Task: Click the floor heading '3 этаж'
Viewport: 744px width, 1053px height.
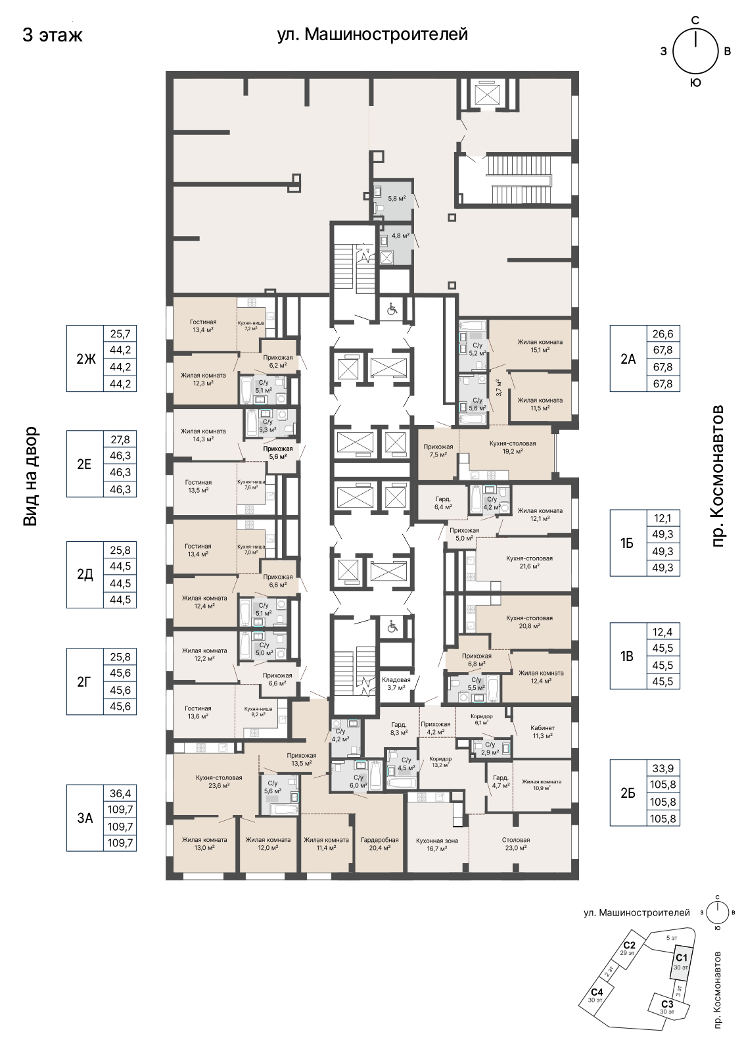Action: [52, 36]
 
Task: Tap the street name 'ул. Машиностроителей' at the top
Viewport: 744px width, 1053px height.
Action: [372, 34]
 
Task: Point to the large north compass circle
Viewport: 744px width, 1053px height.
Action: [695, 51]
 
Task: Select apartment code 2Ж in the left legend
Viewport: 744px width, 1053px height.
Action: [85, 358]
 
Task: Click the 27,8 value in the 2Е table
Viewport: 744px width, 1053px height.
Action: [120, 439]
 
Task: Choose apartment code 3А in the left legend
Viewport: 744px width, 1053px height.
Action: [85, 818]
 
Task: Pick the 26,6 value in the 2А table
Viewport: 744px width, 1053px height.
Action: [663, 333]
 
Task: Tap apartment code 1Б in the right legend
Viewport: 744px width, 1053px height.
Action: [627, 543]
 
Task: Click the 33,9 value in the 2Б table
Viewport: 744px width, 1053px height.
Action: [663, 768]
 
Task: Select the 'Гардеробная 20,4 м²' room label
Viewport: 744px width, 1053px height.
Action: [379, 844]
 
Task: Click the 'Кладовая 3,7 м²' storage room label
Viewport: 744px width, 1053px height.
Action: [396, 683]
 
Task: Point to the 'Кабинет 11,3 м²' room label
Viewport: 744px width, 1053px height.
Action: [542, 731]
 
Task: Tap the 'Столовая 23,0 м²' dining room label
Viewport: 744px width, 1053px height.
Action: [516, 844]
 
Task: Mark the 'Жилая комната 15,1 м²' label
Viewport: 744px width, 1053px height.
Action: [540, 345]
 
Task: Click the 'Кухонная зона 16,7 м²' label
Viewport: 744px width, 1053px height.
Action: [437, 845]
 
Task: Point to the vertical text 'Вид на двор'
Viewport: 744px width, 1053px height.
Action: [30, 476]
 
